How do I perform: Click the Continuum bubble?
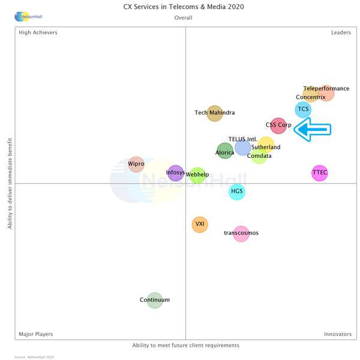tap(155, 300)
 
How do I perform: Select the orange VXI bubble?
tap(200, 224)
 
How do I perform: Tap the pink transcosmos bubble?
tap(241, 233)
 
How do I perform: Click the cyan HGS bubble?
tap(237, 192)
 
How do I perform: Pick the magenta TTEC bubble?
tap(320, 173)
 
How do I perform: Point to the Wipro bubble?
tap(136, 164)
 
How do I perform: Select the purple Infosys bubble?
tap(175, 173)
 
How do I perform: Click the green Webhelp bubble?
tap(197, 175)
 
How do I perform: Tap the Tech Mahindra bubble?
tap(215, 113)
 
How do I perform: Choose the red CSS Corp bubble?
tap(278, 126)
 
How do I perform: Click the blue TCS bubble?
tap(303, 109)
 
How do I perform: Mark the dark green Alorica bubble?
tap(225, 151)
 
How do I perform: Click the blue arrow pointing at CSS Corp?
tap(313, 130)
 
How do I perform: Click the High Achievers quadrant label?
tap(38, 32)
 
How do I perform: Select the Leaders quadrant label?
tap(341, 32)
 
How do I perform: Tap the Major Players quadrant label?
tap(35, 334)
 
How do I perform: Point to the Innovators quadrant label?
tap(338, 334)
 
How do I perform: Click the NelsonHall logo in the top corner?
tap(28, 17)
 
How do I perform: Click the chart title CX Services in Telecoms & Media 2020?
tap(184, 7)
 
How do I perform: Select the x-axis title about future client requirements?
tap(185, 346)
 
